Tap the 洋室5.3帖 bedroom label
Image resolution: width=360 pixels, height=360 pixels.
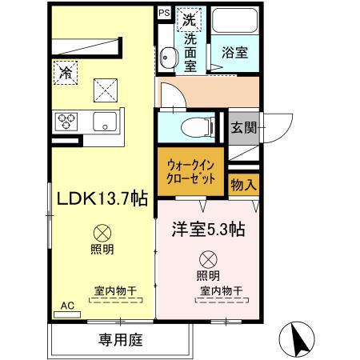click(206, 229)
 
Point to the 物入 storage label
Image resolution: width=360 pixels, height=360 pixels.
click(243, 185)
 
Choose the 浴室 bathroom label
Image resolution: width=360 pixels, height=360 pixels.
click(234, 52)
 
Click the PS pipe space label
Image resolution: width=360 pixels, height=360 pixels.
click(163, 13)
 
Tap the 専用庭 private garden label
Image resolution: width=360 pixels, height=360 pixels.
click(121, 340)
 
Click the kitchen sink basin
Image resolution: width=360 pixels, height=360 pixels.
click(106, 122)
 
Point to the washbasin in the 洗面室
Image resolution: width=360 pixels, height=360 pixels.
click(169, 56)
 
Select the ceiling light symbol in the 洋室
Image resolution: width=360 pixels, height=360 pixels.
click(207, 259)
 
